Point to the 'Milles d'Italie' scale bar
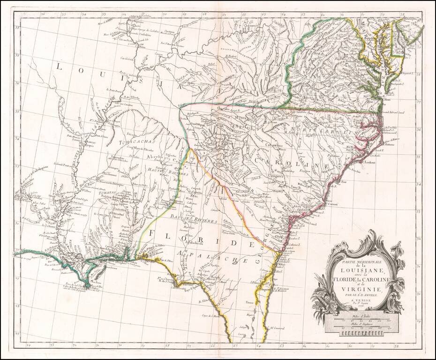click(x=361, y=321)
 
